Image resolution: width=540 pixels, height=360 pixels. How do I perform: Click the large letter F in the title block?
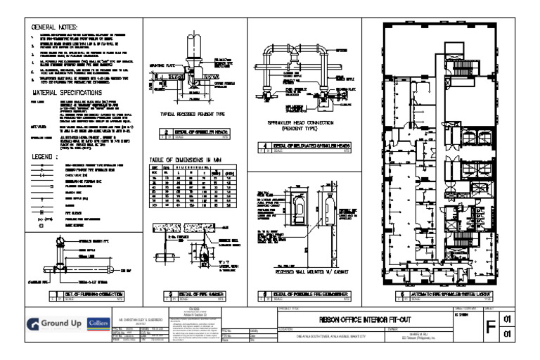(491, 326)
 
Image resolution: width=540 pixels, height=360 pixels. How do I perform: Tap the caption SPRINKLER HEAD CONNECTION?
(303, 125)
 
